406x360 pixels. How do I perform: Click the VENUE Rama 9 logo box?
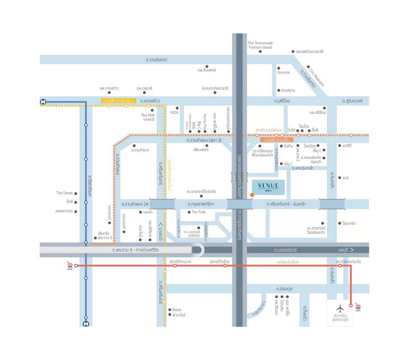point(268,187)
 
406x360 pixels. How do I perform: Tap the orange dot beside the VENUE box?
point(252,195)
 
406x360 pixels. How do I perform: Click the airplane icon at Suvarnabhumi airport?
point(339,308)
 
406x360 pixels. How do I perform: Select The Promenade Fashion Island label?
point(260,45)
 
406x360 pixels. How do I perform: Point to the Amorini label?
point(283,72)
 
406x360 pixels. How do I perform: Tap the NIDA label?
point(174,113)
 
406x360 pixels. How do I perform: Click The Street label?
point(65,193)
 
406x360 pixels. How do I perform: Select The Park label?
point(199,212)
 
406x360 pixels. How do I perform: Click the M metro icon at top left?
point(43,102)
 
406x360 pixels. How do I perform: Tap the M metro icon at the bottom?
point(86,324)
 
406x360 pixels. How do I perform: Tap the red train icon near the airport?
point(358,307)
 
